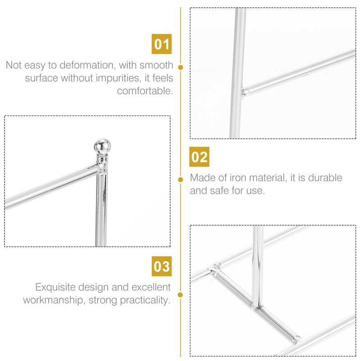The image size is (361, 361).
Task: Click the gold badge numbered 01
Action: pyautogui.click(x=162, y=44)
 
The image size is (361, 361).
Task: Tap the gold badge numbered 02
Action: pyautogui.click(x=199, y=157)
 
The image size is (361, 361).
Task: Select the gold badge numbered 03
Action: pyautogui.click(x=162, y=266)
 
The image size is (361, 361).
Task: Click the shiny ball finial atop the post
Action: pyautogui.click(x=102, y=146)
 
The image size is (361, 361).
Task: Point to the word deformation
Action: pyautogui.click(x=86, y=65)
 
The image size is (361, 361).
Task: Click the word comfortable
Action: pyautogui.click(x=145, y=91)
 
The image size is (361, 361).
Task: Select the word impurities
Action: pyautogui.click(x=117, y=78)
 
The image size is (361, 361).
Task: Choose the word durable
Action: pyautogui.click(x=325, y=178)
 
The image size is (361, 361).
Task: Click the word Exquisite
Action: pyautogui.click(x=55, y=287)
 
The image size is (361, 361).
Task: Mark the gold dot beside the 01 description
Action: pyautogui.click(x=180, y=67)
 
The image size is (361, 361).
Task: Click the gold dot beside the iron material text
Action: pyautogui.click(x=180, y=179)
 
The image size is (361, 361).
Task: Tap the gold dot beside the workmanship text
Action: pyautogui.click(x=180, y=295)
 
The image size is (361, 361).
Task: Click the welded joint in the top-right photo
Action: pyautogui.click(x=245, y=92)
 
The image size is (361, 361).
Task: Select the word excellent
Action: pyautogui.click(x=151, y=287)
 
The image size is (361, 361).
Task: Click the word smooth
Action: pyautogui.click(x=156, y=65)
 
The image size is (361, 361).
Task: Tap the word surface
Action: pyautogui.click(x=42, y=78)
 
